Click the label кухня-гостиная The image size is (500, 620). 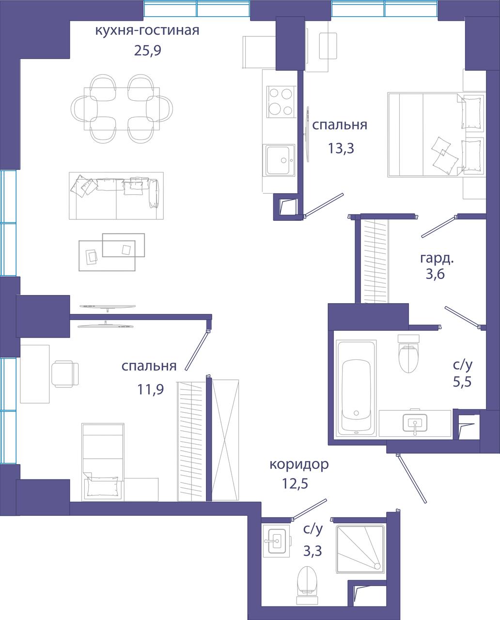(x=147, y=31)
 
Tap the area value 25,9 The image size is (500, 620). (x=148, y=50)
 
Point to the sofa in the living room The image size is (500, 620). (x=116, y=196)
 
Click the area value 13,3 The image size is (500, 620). (x=341, y=149)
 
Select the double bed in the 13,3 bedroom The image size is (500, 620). (x=436, y=134)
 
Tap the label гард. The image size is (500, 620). (x=437, y=259)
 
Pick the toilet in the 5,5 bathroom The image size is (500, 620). (x=408, y=353)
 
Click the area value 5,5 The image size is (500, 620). (x=462, y=382)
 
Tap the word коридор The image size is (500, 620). (x=299, y=465)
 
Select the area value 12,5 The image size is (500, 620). (x=295, y=484)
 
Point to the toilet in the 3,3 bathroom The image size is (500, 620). (x=307, y=585)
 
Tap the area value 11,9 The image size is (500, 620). (x=150, y=389)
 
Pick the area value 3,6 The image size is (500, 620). (x=435, y=274)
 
